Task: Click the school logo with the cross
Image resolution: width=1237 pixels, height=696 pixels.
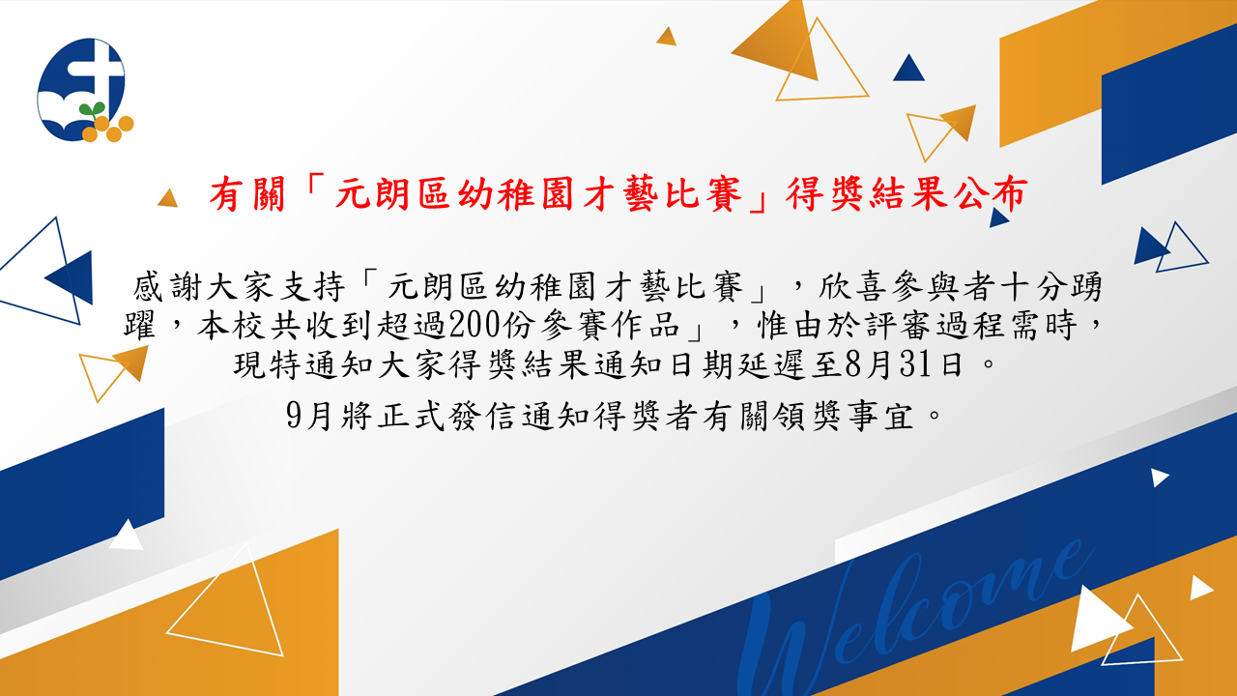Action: pos(85,90)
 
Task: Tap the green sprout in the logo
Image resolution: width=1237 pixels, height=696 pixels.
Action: pos(92,109)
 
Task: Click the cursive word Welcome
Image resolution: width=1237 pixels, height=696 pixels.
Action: pos(917,619)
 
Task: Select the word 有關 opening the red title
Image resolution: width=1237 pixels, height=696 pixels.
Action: pos(247,194)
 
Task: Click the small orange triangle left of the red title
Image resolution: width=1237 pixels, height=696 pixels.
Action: pos(168,198)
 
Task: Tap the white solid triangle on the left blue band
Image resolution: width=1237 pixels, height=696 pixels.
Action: pos(127,535)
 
